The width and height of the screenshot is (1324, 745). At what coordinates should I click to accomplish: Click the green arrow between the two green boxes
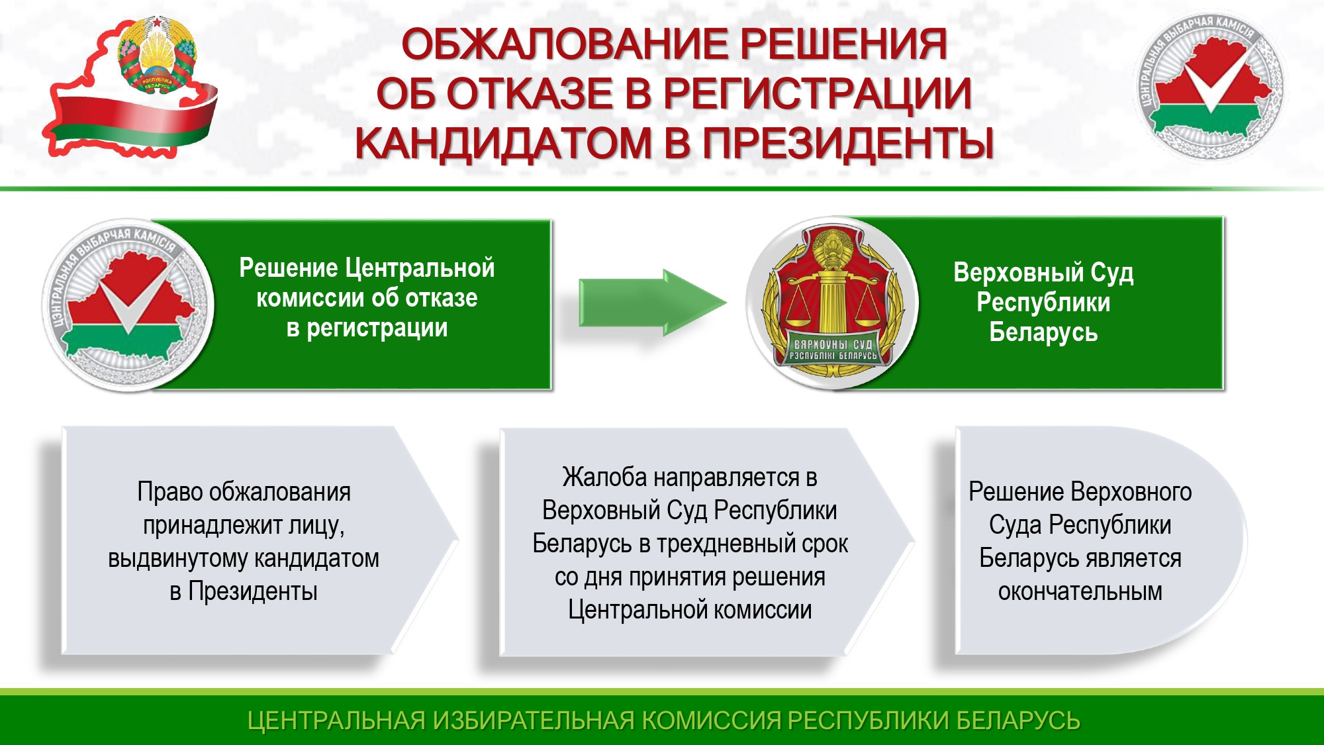[653, 303]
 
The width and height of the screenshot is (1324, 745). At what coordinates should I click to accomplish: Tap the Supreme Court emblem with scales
[832, 303]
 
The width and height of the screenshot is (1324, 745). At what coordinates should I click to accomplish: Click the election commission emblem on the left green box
[128, 305]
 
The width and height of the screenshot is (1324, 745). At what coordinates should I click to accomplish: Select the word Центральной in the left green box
[420, 268]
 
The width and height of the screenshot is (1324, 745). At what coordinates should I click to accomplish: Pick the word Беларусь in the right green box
[1043, 332]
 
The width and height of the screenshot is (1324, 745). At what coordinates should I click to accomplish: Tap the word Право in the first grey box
[169, 492]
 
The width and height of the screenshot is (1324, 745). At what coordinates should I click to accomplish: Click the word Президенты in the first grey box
[253, 591]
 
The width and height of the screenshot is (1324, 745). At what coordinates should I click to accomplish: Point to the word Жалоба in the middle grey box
[604, 477]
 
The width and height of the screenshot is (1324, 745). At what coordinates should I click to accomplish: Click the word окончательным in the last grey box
[1080, 591]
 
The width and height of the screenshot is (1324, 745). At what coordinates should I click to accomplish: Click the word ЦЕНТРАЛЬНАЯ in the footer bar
[336, 720]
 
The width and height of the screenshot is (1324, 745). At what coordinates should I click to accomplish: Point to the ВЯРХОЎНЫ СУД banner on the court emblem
[833, 350]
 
